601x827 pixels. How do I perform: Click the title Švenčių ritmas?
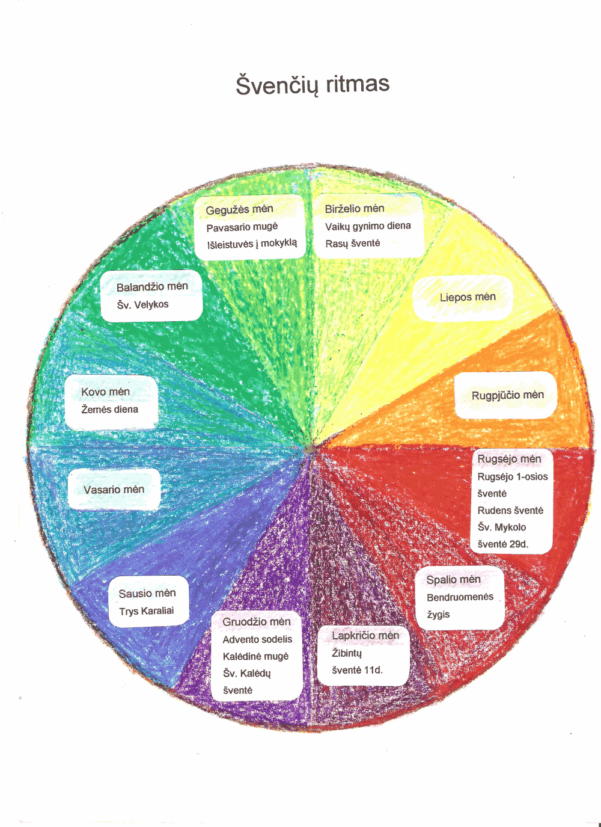[313, 84]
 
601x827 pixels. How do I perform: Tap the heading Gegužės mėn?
[239, 209]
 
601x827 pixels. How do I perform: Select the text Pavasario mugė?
[242, 227]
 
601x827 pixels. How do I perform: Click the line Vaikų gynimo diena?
[368, 226]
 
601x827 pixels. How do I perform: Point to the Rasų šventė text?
[352, 244]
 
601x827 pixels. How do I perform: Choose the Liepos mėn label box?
[463, 297]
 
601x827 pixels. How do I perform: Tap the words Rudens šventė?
[510, 510]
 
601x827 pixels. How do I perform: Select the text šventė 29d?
[502, 544]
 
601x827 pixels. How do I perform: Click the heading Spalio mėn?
[453, 580]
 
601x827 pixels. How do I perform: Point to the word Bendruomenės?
[460, 597]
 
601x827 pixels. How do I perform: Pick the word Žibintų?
[347, 653]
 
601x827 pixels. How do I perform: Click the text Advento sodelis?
[257, 639]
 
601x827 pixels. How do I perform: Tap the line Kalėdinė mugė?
[255, 656]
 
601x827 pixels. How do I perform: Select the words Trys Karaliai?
[146, 611]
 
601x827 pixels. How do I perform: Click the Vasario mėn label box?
[114, 490]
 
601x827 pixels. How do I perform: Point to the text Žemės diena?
[109, 410]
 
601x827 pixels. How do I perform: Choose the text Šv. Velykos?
[142, 304]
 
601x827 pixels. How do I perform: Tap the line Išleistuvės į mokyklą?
[252, 244]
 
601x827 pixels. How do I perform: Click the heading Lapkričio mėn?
[365, 636]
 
